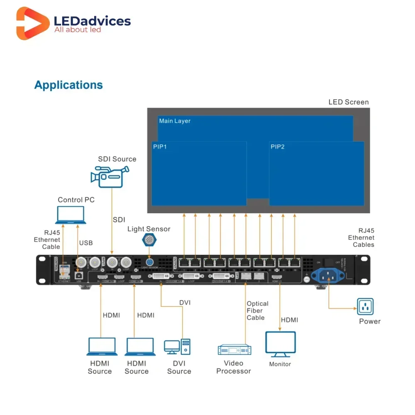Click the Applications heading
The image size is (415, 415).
(68, 85)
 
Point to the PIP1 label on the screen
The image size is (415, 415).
(160, 147)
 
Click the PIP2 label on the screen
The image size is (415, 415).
(278, 147)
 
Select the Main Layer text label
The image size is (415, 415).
(175, 121)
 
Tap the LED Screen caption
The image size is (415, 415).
(348, 102)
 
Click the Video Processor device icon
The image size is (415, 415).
(234, 350)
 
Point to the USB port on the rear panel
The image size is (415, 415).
(78, 274)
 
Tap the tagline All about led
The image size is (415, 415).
(78, 30)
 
